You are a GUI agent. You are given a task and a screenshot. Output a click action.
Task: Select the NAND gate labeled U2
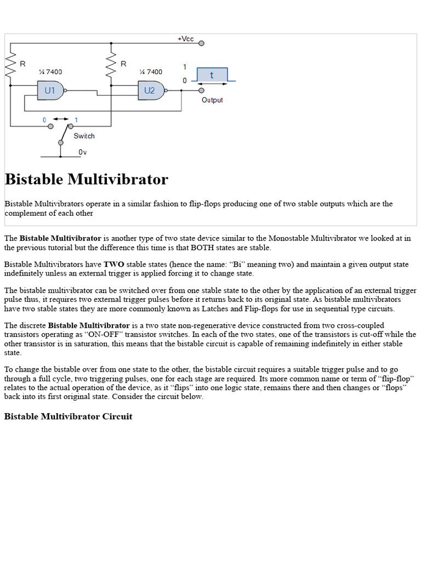[150, 91]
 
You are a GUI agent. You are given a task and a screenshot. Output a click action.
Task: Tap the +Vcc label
[185, 39]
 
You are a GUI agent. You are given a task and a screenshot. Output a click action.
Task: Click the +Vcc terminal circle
[202, 43]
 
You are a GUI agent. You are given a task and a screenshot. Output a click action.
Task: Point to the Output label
[212, 100]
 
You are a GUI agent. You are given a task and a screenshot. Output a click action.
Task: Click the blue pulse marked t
[212, 75]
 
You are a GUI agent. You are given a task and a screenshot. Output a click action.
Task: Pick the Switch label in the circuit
[84, 136]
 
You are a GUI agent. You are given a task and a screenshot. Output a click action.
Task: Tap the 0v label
[82, 152]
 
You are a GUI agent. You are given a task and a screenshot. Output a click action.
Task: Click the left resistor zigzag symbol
[10, 65]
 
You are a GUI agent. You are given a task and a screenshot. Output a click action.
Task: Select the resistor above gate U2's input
[111, 65]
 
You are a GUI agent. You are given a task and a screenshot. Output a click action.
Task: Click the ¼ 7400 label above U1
[50, 72]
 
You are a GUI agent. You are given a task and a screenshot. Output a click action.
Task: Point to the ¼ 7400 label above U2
[151, 72]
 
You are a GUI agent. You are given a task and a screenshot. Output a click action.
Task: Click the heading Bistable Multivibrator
[86, 179]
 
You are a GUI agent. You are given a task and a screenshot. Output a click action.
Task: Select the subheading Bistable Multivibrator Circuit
[68, 417]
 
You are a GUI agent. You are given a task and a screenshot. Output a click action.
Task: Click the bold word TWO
[113, 264]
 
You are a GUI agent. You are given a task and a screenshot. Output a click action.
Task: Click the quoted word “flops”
[392, 387]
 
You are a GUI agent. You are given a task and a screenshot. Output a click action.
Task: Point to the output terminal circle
[202, 91]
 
